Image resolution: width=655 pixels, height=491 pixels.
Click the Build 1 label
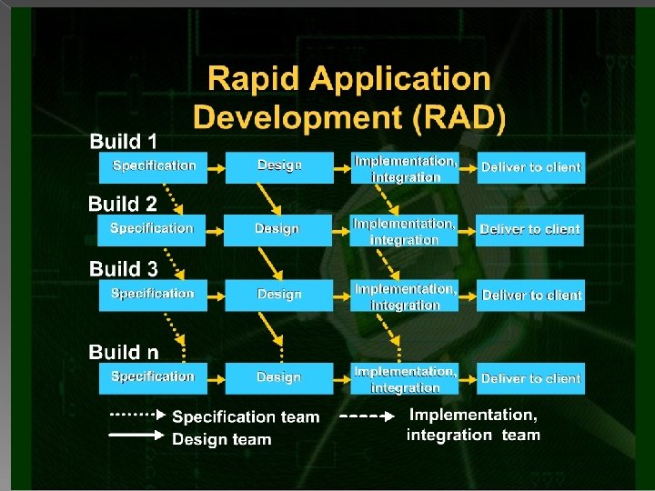(123, 141)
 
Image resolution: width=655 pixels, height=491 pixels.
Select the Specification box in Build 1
(153, 166)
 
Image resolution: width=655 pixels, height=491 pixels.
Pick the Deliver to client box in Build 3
(531, 295)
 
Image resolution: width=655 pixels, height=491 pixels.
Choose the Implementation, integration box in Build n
(405, 379)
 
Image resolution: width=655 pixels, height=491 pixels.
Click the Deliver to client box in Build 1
(531, 167)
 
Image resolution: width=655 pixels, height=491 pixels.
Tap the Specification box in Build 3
(153, 294)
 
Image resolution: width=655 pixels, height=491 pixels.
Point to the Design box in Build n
(278, 377)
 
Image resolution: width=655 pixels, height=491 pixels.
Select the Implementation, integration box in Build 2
(404, 231)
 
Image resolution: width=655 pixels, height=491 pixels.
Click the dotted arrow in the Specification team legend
(137, 415)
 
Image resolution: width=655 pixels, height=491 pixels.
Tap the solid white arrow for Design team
(137, 436)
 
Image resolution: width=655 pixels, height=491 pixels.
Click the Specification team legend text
(246, 417)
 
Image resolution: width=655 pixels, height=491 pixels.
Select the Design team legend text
(222, 439)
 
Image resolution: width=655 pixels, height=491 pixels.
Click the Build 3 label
(124, 268)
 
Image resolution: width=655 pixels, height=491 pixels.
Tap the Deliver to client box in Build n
(531, 378)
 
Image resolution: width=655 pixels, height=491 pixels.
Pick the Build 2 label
(123, 204)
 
